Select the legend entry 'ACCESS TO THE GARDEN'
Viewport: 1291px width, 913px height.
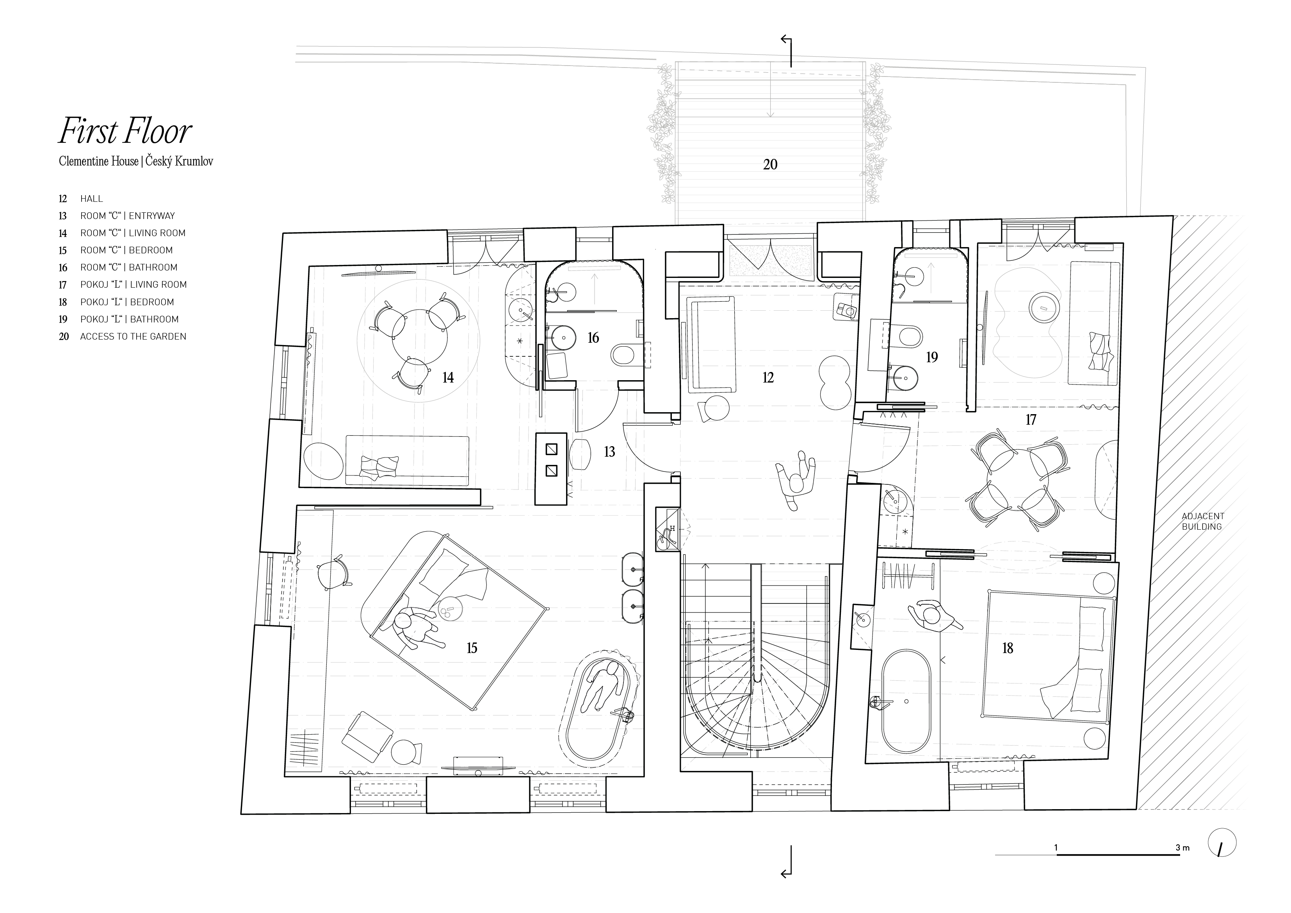click(133, 336)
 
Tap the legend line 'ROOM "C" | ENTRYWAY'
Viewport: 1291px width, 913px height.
click(128, 216)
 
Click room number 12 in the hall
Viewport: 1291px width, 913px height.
click(768, 378)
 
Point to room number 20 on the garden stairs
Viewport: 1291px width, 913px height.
click(770, 164)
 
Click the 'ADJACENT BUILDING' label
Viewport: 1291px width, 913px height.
click(1202, 521)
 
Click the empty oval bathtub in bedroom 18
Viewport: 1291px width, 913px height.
click(905, 701)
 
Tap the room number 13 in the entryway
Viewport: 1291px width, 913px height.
click(609, 452)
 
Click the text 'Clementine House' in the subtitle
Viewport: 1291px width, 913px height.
click(98, 161)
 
